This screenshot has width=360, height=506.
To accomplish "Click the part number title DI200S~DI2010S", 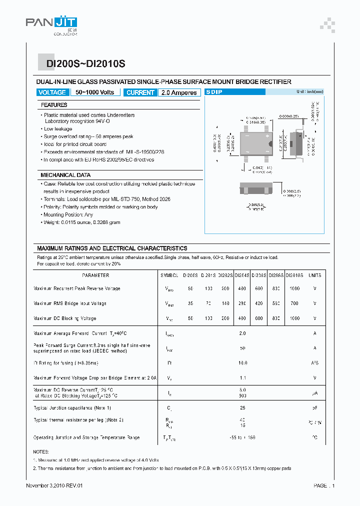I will (86, 64).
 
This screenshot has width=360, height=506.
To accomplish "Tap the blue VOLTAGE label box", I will (52, 92).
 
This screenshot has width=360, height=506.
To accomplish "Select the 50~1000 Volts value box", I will (95, 92).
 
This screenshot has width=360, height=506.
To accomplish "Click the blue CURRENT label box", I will (140, 92).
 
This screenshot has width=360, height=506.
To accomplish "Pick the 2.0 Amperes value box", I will (179, 92).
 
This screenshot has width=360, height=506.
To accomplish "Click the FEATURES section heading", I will (54, 105).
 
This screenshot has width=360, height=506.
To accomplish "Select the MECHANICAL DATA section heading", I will (65, 175).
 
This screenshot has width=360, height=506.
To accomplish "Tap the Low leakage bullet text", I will (59, 129).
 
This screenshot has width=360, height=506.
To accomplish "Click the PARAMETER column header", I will (95, 275).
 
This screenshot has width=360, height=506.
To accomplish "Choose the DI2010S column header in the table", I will (294, 275).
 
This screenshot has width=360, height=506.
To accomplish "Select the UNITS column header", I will (315, 275).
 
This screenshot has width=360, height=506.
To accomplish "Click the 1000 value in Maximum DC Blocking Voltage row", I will (294, 318).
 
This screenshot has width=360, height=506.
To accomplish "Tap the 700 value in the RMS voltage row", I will (294, 303).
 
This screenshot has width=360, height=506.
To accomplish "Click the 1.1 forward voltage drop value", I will (242, 378).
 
